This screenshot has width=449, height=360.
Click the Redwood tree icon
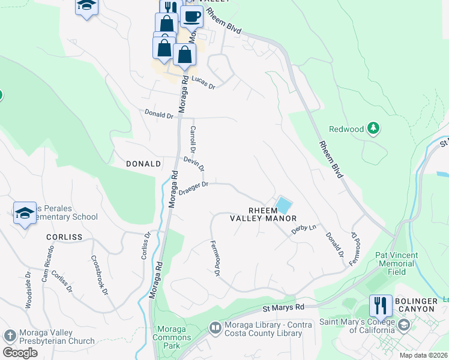(x=373, y=128)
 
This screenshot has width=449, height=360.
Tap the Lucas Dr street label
(x=203, y=83)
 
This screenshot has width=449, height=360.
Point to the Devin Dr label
(x=194, y=163)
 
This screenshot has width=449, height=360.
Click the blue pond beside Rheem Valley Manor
(x=282, y=205)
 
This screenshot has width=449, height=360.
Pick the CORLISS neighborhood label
(x=64, y=237)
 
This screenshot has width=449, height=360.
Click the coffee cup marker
(x=191, y=17)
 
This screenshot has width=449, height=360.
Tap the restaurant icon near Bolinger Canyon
(x=381, y=306)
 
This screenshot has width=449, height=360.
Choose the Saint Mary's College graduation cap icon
(x=403, y=326)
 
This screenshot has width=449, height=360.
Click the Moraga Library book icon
(x=214, y=328)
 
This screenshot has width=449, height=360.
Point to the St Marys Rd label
(x=284, y=307)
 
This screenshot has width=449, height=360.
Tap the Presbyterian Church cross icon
(x=10, y=335)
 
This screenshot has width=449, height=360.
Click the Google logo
(x=20, y=353)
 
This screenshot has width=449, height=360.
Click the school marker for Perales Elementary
(x=25, y=213)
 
